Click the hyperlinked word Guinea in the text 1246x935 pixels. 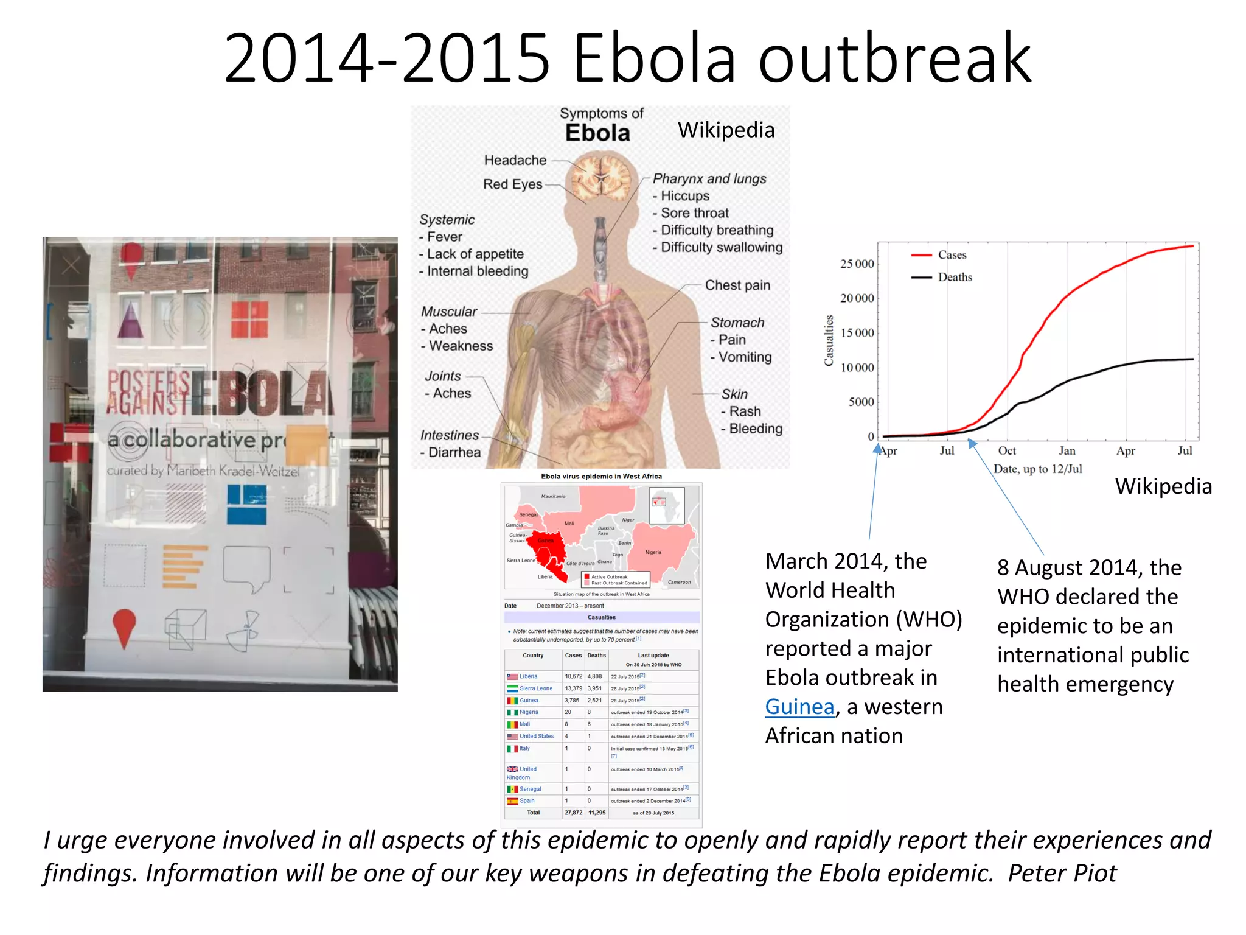[x=799, y=707]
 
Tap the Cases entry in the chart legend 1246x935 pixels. [x=952, y=255]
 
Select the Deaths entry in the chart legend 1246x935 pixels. [x=955, y=278]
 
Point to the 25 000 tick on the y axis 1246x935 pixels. [x=857, y=264]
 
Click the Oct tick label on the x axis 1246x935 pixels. [x=1007, y=451]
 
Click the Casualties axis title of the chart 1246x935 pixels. [x=829, y=341]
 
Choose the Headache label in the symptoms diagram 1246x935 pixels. [x=515, y=160]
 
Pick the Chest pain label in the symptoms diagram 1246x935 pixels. [x=737, y=285]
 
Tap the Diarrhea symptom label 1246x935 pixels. [x=454, y=452]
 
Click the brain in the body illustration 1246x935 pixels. [x=601, y=176]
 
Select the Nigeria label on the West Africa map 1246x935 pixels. [x=653, y=552]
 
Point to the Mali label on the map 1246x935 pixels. [x=569, y=524]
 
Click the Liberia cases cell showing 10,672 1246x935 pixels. [x=573, y=676]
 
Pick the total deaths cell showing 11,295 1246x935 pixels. [x=597, y=813]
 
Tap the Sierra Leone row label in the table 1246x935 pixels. [x=535, y=688]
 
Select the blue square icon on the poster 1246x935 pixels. [x=246, y=504]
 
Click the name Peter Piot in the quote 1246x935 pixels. [x=1062, y=874]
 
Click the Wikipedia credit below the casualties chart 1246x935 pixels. [x=1163, y=486]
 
